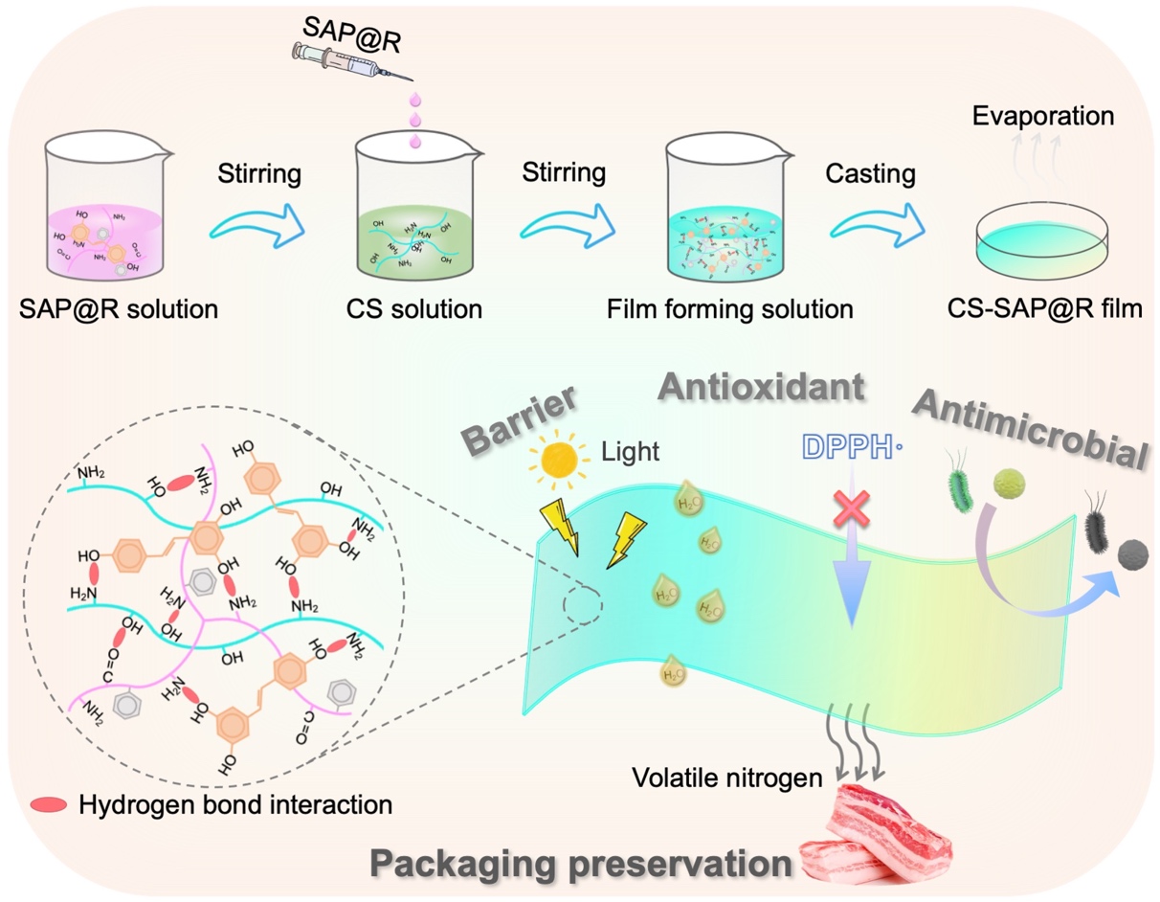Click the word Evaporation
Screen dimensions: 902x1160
(x=1044, y=117)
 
